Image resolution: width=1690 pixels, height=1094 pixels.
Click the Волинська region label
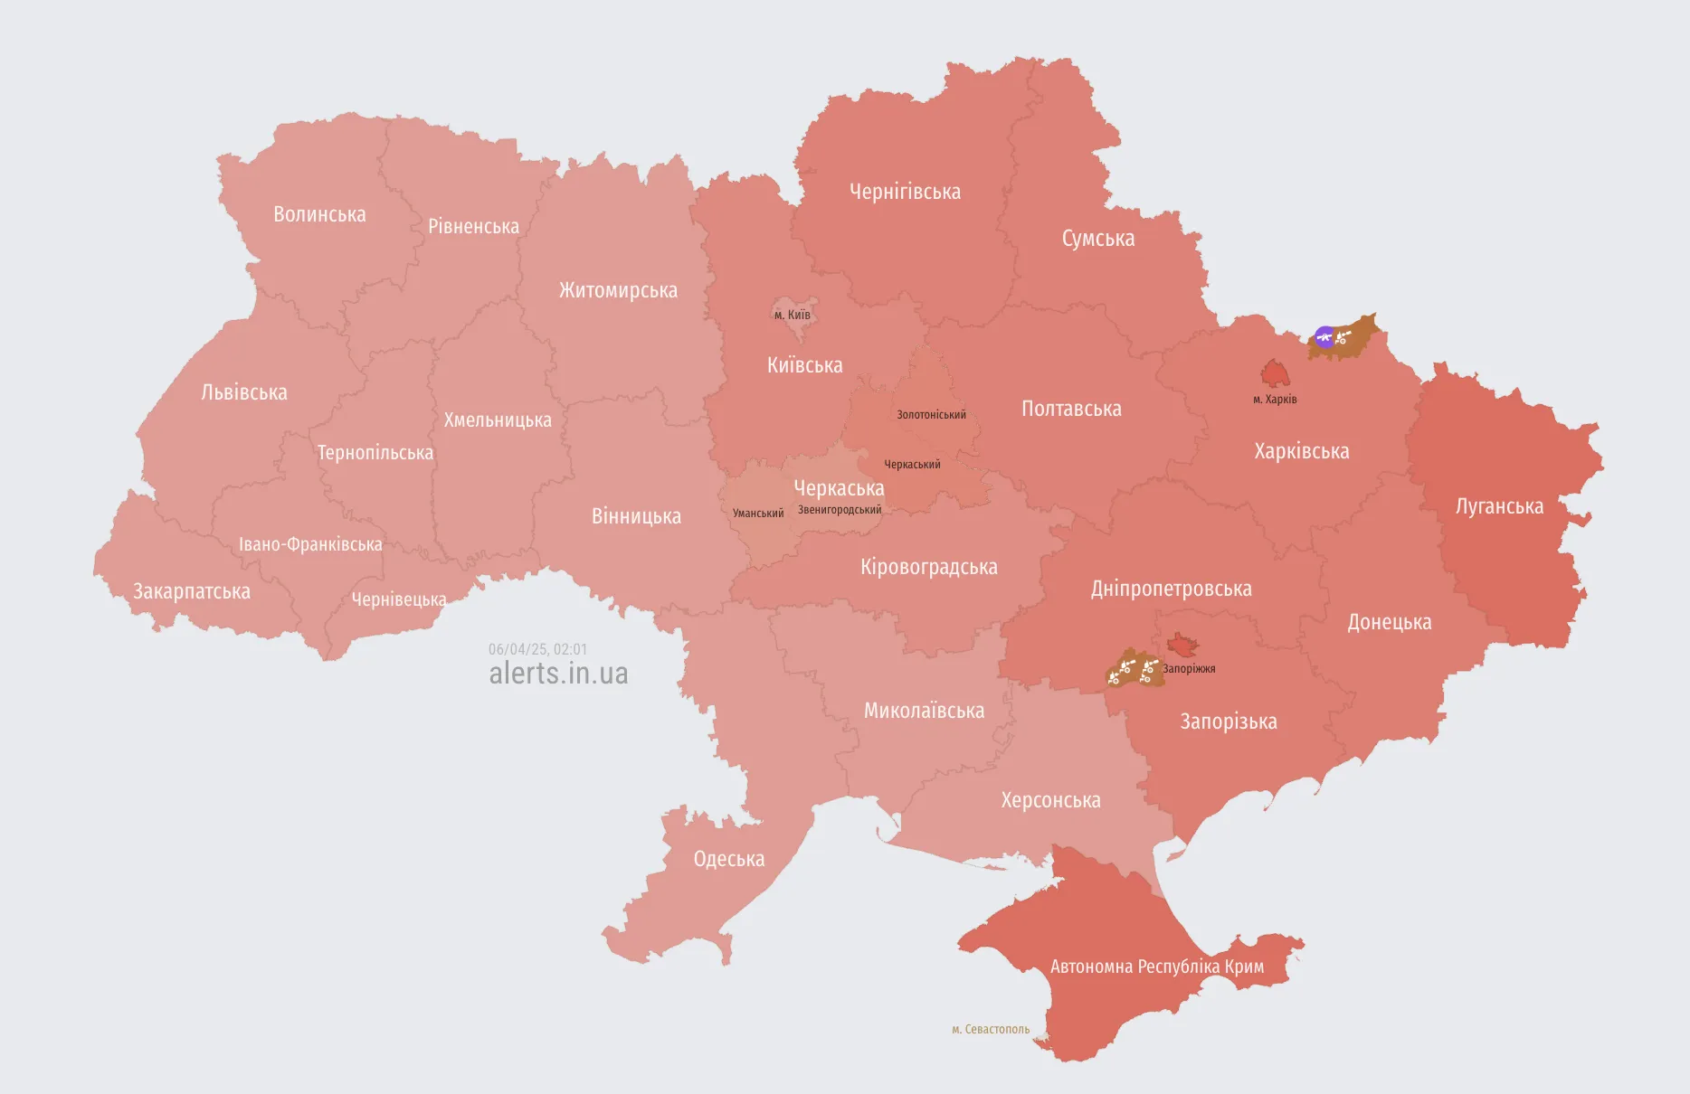point(319,214)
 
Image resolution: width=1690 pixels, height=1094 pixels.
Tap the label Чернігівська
point(905,192)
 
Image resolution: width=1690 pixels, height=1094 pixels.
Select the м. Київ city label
point(793,315)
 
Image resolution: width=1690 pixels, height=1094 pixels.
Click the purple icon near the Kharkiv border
point(1324,337)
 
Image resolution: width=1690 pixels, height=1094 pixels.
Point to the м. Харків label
point(1275,399)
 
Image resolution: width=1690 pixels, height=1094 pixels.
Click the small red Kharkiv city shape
point(1275,373)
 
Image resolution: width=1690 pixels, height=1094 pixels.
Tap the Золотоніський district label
point(931,415)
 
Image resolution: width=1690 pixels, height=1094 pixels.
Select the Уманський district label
point(758,513)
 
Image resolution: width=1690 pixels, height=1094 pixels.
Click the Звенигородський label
point(840,510)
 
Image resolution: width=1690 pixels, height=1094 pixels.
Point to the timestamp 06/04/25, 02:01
point(537,649)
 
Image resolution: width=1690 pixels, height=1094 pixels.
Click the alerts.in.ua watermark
point(558,674)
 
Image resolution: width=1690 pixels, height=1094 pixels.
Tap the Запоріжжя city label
point(1189,669)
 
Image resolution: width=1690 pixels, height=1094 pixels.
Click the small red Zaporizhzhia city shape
point(1182,645)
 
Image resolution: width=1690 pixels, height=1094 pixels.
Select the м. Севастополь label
point(991,1029)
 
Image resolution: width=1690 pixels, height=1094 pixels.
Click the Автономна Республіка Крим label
point(1157,967)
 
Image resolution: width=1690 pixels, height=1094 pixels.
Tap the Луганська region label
point(1499,506)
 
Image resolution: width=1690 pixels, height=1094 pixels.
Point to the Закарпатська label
point(192,591)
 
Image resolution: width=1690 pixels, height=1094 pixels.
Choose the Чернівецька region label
point(398,599)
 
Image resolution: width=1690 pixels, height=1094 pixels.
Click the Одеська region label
point(729,859)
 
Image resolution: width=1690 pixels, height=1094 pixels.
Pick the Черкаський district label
point(912,465)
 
